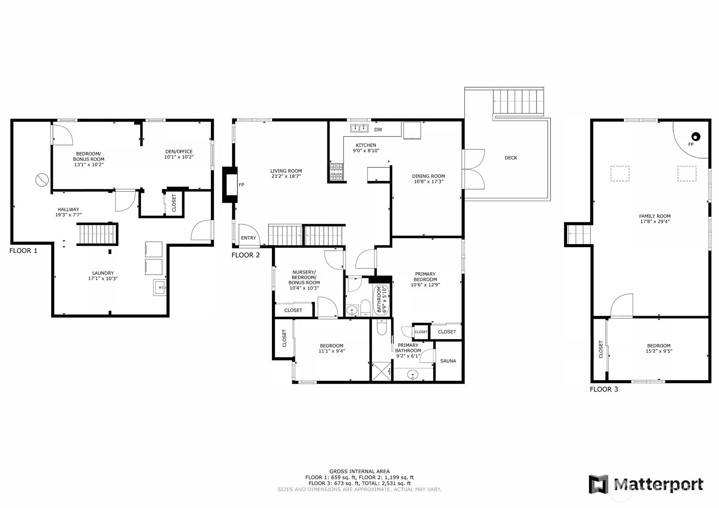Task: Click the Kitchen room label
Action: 365,145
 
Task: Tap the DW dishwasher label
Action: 378,130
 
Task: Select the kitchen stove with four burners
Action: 337,172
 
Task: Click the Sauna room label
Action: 448,361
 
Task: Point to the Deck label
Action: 510,158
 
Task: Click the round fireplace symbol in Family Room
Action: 696,136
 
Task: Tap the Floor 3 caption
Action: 603,389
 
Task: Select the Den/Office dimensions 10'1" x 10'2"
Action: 179,157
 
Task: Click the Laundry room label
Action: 103,273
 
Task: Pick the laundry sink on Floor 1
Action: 160,288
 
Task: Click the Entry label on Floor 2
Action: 248,238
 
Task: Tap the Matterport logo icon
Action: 598,484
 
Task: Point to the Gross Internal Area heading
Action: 359,471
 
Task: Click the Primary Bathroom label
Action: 408,348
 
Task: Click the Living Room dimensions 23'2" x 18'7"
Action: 286,176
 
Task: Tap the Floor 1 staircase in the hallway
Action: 98,234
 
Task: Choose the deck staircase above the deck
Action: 519,102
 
